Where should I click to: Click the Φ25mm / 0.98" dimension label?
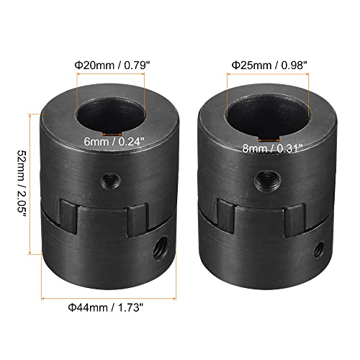pos(266,65)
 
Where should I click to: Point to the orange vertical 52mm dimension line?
pos(31,184)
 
